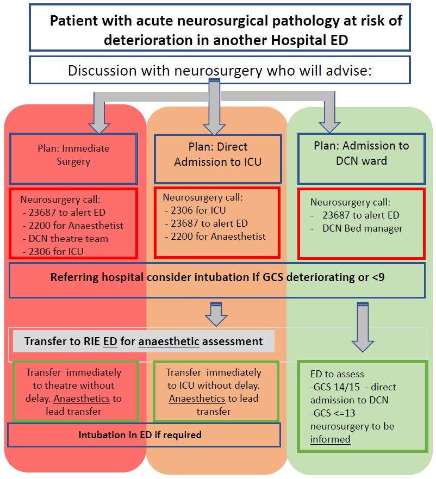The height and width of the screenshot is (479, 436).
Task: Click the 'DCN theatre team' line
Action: (65, 238)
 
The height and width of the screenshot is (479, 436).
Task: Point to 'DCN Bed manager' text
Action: (362, 228)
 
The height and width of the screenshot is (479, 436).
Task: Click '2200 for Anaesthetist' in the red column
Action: (73, 226)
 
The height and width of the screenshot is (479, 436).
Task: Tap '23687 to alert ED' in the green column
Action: (360, 215)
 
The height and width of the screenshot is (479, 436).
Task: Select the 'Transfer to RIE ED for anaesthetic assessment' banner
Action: (144, 342)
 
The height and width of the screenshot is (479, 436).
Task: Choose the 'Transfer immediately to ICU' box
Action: (216, 391)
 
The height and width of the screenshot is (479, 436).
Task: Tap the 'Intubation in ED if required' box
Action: (140, 435)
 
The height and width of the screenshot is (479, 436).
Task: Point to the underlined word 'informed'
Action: (331, 439)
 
